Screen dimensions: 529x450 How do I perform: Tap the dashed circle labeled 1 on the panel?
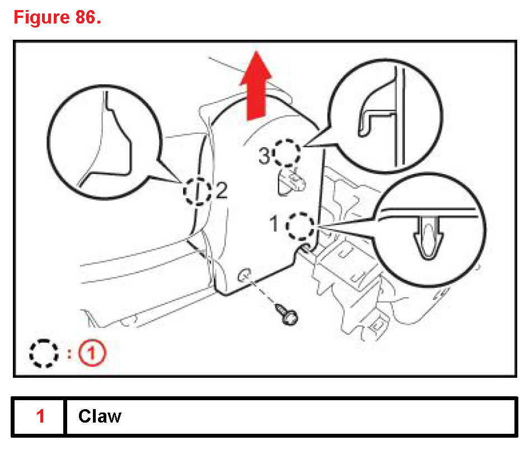coord(299,226)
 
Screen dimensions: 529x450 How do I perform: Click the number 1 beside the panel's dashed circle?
coord(275,224)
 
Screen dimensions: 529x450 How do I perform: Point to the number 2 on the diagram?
coord(221,191)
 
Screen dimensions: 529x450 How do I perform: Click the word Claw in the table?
coord(100,416)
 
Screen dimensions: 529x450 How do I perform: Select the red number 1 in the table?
coord(40,416)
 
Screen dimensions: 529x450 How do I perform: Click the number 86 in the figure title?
coord(81,17)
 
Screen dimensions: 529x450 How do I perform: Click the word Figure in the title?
coord(38,17)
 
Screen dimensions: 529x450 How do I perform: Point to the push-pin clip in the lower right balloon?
coord(428,237)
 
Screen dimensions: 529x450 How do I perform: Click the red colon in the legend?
coord(69,353)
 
